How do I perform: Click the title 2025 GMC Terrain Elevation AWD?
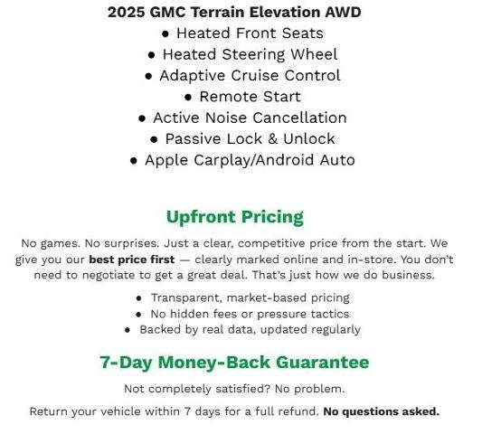pyautogui.click(x=234, y=13)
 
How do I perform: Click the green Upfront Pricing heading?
pyautogui.click(x=234, y=217)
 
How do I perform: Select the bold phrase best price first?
pyautogui.click(x=131, y=259)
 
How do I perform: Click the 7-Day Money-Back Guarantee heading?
pyautogui.click(x=234, y=363)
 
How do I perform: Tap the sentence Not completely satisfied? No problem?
pyautogui.click(x=234, y=389)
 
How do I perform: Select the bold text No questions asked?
pyautogui.click(x=381, y=411)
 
